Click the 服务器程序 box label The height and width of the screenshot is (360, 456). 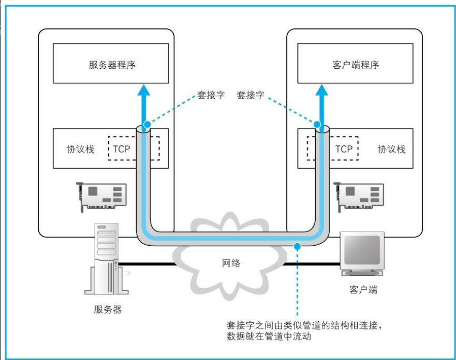(x=112, y=65)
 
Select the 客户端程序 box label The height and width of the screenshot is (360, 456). (x=356, y=65)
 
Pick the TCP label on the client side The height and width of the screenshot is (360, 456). (x=344, y=149)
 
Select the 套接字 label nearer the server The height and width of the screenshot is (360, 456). (x=211, y=95)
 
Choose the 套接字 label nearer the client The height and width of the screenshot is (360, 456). (x=251, y=95)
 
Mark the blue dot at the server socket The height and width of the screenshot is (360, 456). (x=147, y=124)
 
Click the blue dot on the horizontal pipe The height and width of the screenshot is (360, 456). (x=297, y=246)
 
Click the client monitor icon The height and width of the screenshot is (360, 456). (x=362, y=253)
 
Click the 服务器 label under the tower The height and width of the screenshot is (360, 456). (x=108, y=310)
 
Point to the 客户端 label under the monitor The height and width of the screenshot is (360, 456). (x=363, y=290)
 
